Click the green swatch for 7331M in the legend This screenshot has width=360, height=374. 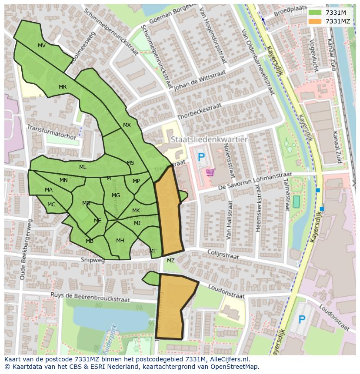(x=315, y=13)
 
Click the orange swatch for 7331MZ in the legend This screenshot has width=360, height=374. (x=315, y=21)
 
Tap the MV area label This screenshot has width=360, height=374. (x=42, y=46)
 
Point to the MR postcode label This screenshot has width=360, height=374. (x=63, y=87)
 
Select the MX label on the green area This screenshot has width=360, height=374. (x=127, y=125)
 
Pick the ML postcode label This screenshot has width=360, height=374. (x=83, y=167)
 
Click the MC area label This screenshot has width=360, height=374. (x=51, y=205)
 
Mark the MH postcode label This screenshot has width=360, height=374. (x=120, y=241)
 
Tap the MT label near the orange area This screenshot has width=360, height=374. (x=153, y=251)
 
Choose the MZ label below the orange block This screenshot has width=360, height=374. (x=171, y=261)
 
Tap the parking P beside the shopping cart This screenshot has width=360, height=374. (x=201, y=157)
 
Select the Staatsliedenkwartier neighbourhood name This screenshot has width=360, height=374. (x=209, y=139)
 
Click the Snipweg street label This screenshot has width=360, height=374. (x=93, y=260)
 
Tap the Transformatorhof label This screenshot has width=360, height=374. (x=51, y=132)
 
